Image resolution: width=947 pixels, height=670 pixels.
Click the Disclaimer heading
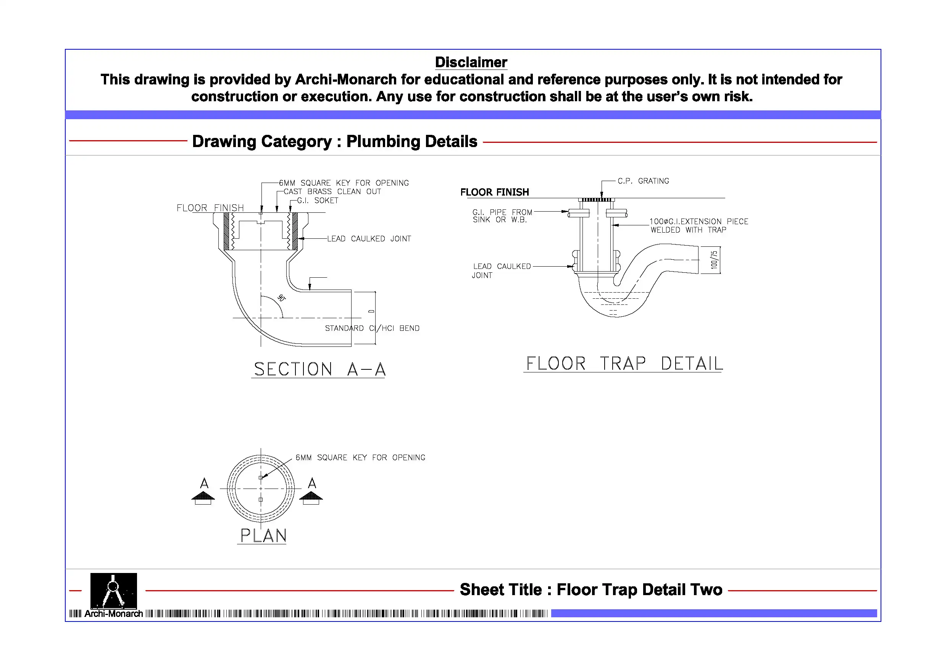[x=471, y=62]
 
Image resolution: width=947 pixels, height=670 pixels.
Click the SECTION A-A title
[x=319, y=369]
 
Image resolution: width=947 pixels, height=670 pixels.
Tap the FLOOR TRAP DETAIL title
[x=624, y=364]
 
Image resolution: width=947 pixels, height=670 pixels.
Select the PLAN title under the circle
[x=263, y=536]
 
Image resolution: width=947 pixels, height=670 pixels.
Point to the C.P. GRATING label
[x=643, y=181]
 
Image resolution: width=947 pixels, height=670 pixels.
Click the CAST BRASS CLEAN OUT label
[x=332, y=191]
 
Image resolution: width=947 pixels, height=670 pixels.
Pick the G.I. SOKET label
[x=317, y=201]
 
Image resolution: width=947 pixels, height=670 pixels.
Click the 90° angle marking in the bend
[x=281, y=298]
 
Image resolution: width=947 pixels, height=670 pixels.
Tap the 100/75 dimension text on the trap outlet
[x=713, y=260]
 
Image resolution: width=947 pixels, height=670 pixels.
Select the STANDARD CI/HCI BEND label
[x=372, y=328]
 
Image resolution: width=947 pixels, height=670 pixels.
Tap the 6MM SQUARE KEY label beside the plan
[x=360, y=457]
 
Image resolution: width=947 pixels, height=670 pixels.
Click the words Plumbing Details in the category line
[x=411, y=142]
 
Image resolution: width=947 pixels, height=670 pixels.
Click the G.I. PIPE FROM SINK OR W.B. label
[x=502, y=216]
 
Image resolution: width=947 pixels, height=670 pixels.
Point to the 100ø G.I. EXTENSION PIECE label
[x=699, y=225]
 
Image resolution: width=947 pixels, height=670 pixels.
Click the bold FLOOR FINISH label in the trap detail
[x=494, y=192]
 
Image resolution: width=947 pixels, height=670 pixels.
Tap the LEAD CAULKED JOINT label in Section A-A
[x=369, y=239]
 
